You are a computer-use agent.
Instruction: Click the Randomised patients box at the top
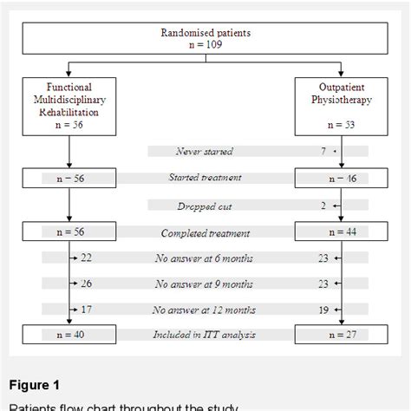[x=205, y=38]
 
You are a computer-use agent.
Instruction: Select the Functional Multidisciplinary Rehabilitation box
[x=68, y=105]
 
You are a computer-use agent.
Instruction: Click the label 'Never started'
[x=204, y=152]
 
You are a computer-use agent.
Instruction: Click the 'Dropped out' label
[x=204, y=205]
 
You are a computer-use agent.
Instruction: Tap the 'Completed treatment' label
[x=205, y=232]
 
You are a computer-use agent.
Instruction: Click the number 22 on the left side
[x=87, y=258]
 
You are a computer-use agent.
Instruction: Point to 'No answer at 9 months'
[x=205, y=283]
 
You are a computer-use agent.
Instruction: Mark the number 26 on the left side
[x=87, y=283]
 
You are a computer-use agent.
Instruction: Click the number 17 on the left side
[x=87, y=309]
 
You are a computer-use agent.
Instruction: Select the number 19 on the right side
[x=322, y=309]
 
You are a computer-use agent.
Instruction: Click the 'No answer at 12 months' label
[x=205, y=309]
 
